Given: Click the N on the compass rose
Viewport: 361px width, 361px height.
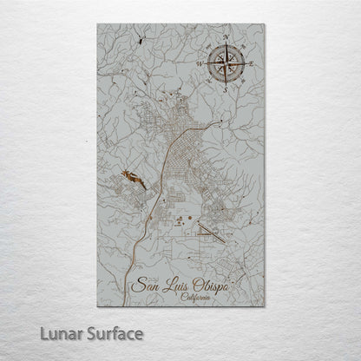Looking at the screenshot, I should (x=226, y=36).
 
